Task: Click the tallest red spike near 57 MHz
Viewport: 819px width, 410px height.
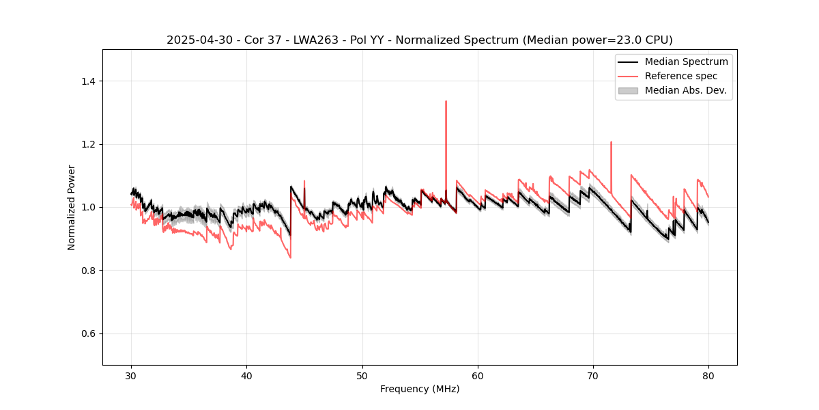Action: pyautogui.click(x=446, y=102)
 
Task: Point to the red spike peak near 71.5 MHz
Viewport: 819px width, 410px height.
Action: pyautogui.click(x=611, y=142)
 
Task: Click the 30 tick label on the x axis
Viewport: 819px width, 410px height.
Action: pyautogui.click(x=132, y=376)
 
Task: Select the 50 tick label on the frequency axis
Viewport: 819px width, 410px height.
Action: pyautogui.click(x=362, y=376)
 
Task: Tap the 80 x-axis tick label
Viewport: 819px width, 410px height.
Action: pyautogui.click(x=708, y=376)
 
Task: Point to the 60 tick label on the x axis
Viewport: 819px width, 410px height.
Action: pyautogui.click(x=478, y=376)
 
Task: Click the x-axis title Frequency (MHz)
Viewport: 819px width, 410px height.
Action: pyautogui.click(x=420, y=389)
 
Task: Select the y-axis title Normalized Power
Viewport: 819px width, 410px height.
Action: pyautogui.click(x=72, y=207)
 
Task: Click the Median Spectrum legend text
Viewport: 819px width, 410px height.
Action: pyautogui.click(x=686, y=61)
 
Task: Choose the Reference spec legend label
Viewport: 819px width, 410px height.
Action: pyautogui.click(x=681, y=76)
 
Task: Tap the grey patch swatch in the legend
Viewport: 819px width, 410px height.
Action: pyautogui.click(x=628, y=90)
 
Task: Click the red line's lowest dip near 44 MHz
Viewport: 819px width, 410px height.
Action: pyautogui.click(x=290, y=258)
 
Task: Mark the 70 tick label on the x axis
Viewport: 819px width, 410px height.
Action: pyautogui.click(x=593, y=376)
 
